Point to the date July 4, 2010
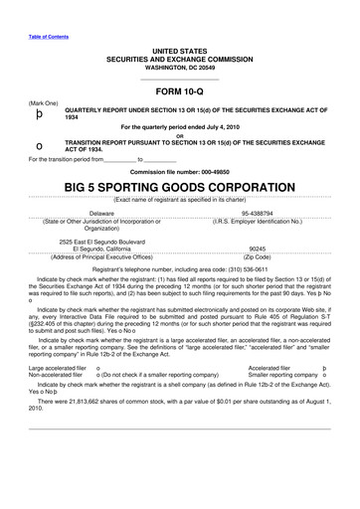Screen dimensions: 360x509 tap(225, 126)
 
